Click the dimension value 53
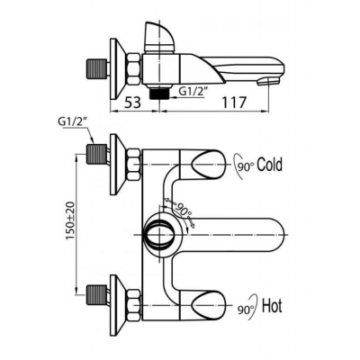coord(132,103)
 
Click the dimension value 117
coord(234,103)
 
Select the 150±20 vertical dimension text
coord(71,220)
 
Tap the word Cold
coord(270,165)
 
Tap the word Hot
coord(272,306)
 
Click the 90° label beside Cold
coord(246,166)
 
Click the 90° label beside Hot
coord(246,310)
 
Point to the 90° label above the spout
coord(183,209)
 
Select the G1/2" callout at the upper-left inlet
coord(72,121)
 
